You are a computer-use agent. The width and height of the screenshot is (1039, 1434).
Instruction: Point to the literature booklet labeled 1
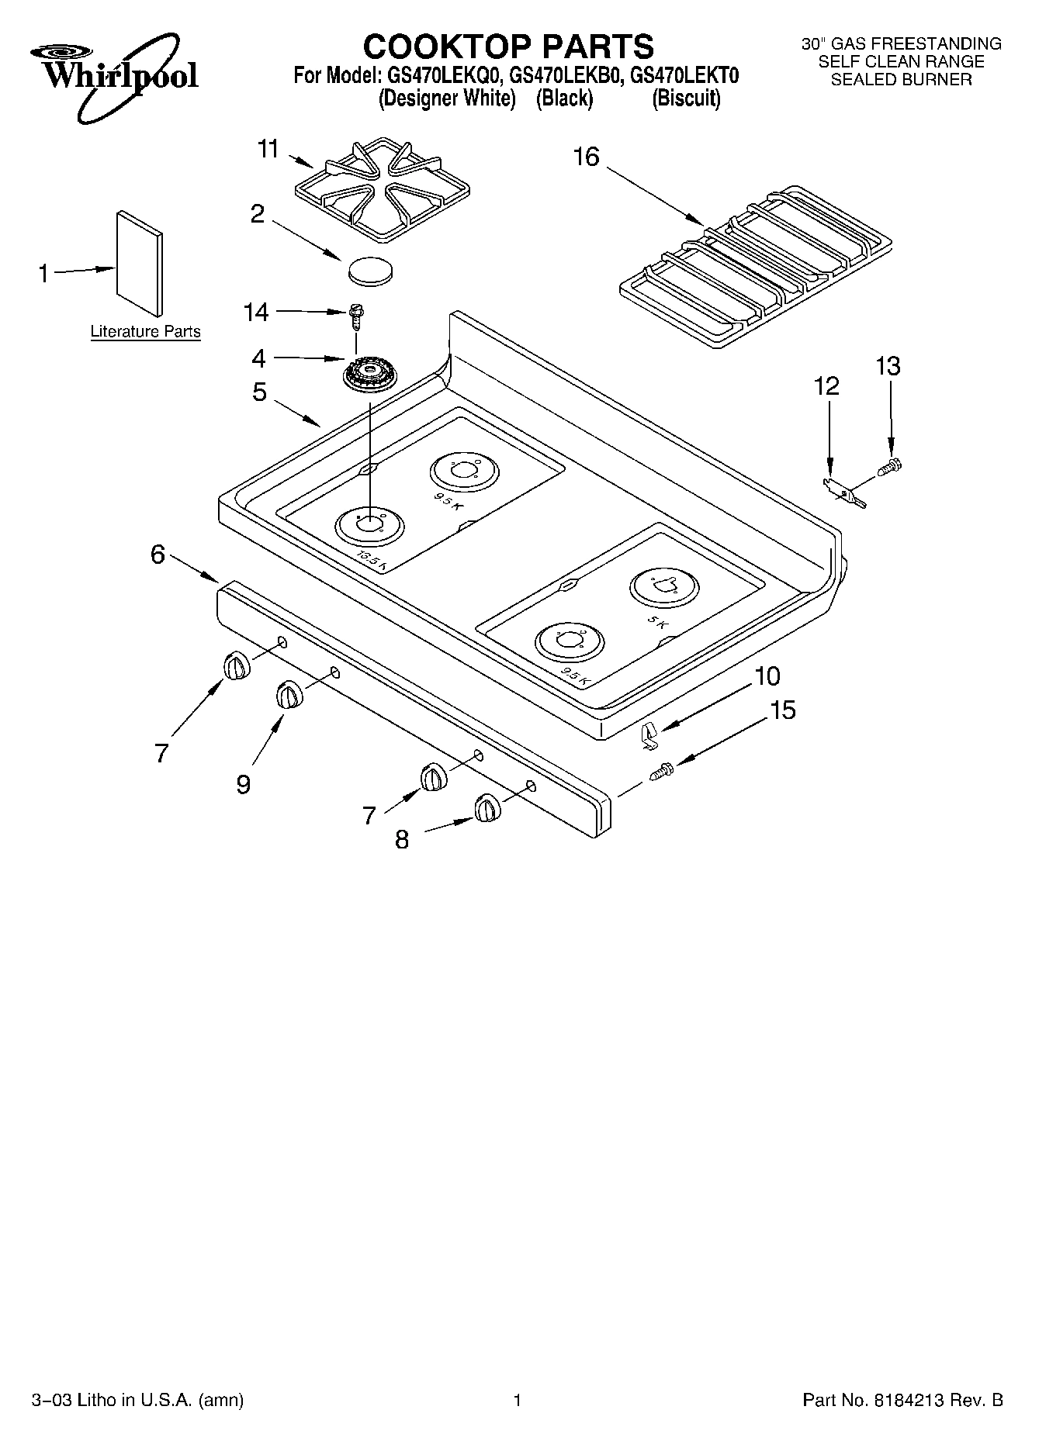(x=140, y=264)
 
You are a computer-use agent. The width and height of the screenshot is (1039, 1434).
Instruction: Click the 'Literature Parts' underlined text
(x=145, y=332)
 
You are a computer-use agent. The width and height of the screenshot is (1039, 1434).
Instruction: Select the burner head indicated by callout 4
(x=369, y=375)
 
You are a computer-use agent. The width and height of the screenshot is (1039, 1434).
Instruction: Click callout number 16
(x=586, y=157)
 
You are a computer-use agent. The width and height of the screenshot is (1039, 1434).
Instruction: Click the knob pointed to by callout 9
(x=288, y=693)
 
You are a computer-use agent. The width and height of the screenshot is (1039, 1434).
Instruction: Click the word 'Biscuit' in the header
(x=687, y=99)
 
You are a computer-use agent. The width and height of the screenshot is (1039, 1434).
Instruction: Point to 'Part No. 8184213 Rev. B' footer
(x=902, y=1401)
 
